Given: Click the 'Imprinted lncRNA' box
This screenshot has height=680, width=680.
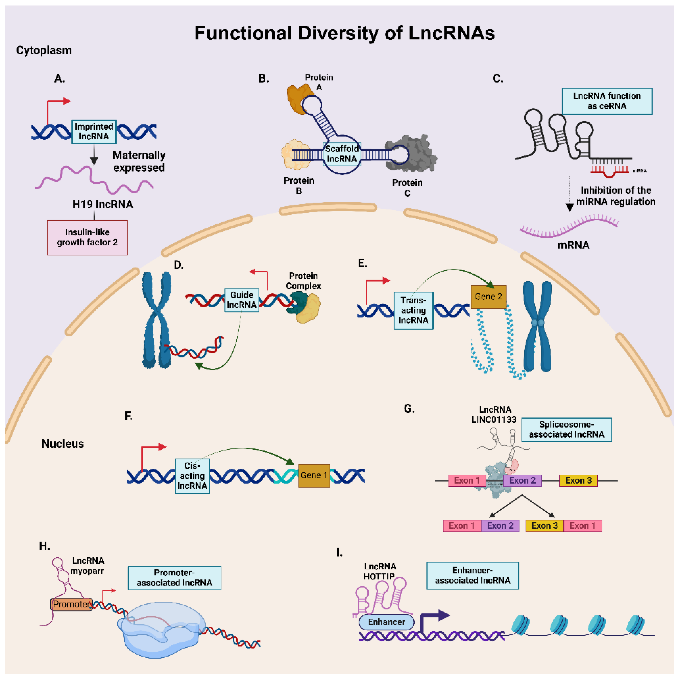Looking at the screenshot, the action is (94, 132).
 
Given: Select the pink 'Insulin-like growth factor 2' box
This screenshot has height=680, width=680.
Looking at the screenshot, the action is (87, 238).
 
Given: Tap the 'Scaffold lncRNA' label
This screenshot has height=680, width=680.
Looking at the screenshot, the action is (342, 154).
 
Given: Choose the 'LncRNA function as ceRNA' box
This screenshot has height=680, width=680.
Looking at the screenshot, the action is (607, 101).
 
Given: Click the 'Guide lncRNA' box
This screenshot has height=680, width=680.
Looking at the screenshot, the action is (242, 300).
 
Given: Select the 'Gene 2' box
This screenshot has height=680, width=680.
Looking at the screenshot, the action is (488, 297).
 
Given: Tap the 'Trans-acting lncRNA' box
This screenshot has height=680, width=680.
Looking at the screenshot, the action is (413, 310).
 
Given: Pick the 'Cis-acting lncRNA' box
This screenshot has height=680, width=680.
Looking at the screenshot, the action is (192, 476).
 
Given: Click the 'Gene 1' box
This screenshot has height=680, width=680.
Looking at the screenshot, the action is (314, 475).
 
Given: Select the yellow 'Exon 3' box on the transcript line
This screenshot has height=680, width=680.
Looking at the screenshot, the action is (579, 481).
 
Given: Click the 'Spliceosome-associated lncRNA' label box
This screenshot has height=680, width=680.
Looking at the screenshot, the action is (566, 429).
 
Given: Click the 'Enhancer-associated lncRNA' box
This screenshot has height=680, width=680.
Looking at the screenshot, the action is (473, 575).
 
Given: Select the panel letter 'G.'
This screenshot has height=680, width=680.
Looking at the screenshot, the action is (409, 409).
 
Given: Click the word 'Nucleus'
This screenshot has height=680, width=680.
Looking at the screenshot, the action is (63, 443).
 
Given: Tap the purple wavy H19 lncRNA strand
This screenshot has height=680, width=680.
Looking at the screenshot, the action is (94, 180).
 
